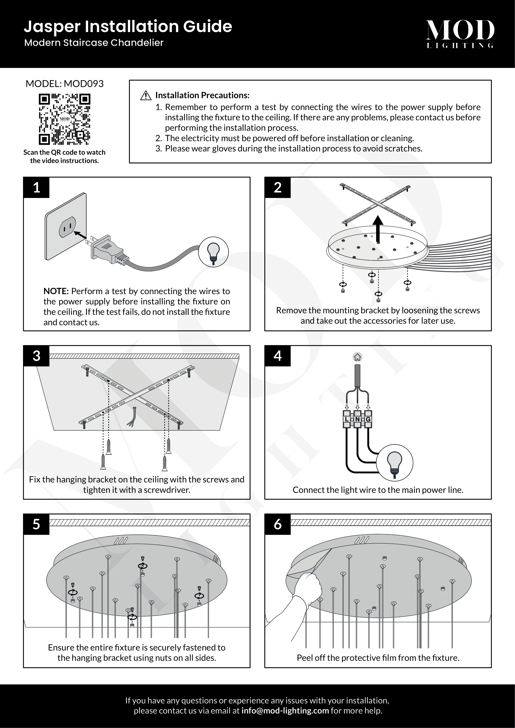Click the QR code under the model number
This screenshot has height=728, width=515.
[x=64, y=119]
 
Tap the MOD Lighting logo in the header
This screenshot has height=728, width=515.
[x=460, y=34]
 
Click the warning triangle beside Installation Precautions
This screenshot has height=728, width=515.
[x=145, y=96]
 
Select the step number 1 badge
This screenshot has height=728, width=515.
[x=36, y=187]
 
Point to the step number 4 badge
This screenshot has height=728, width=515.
[x=277, y=356]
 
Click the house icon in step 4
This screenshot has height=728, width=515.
[x=357, y=357]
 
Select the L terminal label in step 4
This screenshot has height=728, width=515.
[x=347, y=419]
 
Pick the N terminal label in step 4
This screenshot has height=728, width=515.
[x=357, y=419]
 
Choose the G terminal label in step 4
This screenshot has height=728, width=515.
[x=368, y=419]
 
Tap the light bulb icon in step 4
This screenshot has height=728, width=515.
[x=395, y=463]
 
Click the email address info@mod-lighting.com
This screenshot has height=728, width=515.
[x=285, y=711]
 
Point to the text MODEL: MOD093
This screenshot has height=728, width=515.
[x=64, y=84]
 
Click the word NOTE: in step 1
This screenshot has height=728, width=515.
[x=56, y=291]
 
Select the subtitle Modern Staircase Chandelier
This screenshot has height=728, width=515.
[x=94, y=43]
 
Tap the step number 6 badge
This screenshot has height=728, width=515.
[x=277, y=524]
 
